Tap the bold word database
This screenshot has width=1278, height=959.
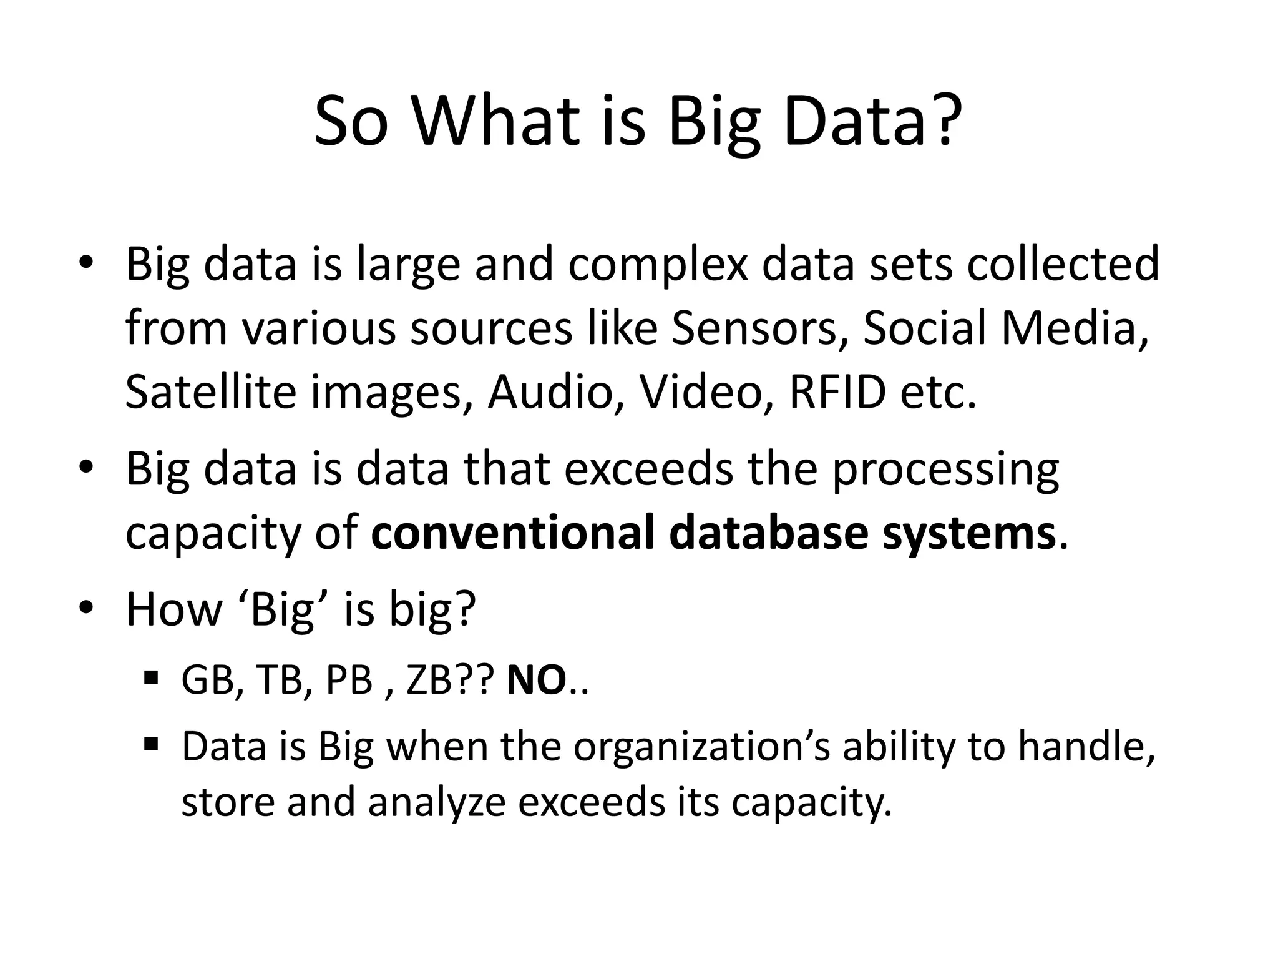coord(768,533)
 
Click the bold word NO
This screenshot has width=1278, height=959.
coord(536,680)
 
